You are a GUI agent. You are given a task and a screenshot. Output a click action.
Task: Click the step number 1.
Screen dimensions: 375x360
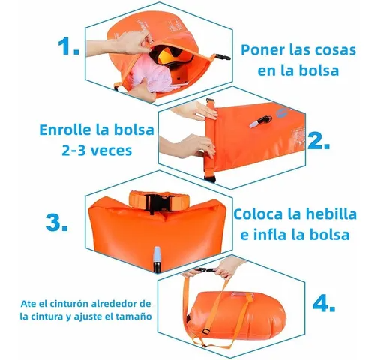[x=68, y=46]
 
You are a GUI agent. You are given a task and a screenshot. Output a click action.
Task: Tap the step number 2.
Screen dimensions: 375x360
[x=319, y=141]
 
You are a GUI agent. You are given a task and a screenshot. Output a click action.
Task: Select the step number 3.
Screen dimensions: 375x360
[x=57, y=222]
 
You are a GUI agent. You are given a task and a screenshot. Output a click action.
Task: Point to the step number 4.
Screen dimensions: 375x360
[x=324, y=304]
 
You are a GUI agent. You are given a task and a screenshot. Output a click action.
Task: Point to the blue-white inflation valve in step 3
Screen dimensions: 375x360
[x=157, y=259]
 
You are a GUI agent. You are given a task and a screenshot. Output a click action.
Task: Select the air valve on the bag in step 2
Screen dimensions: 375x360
[x=260, y=121]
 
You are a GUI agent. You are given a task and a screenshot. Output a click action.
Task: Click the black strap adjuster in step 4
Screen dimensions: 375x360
[x=205, y=331]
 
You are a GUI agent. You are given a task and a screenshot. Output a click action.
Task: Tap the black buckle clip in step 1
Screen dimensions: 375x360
[x=223, y=57]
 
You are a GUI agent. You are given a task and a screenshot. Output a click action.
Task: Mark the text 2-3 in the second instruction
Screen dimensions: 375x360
[x=73, y=151]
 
